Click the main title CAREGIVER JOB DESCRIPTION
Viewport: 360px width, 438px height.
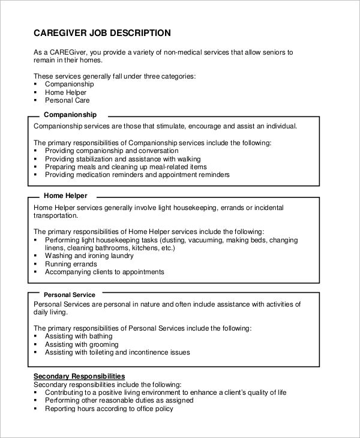102,33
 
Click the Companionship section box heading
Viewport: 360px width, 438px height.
70,115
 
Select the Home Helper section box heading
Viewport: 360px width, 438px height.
65,196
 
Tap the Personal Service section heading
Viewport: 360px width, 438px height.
69,295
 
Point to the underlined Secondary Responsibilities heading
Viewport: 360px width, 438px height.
79,376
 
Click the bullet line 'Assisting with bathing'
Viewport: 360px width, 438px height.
79,337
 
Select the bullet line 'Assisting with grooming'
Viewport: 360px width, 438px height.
82,345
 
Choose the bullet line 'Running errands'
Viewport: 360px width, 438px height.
71,264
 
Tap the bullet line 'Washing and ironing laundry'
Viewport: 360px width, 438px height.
89,256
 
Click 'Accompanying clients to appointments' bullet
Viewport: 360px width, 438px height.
104,272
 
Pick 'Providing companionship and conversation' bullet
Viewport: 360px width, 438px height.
112,151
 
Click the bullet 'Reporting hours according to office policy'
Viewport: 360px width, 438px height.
109,409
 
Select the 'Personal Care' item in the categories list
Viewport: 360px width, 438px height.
67,100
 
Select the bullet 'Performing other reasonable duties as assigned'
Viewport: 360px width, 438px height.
119,400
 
